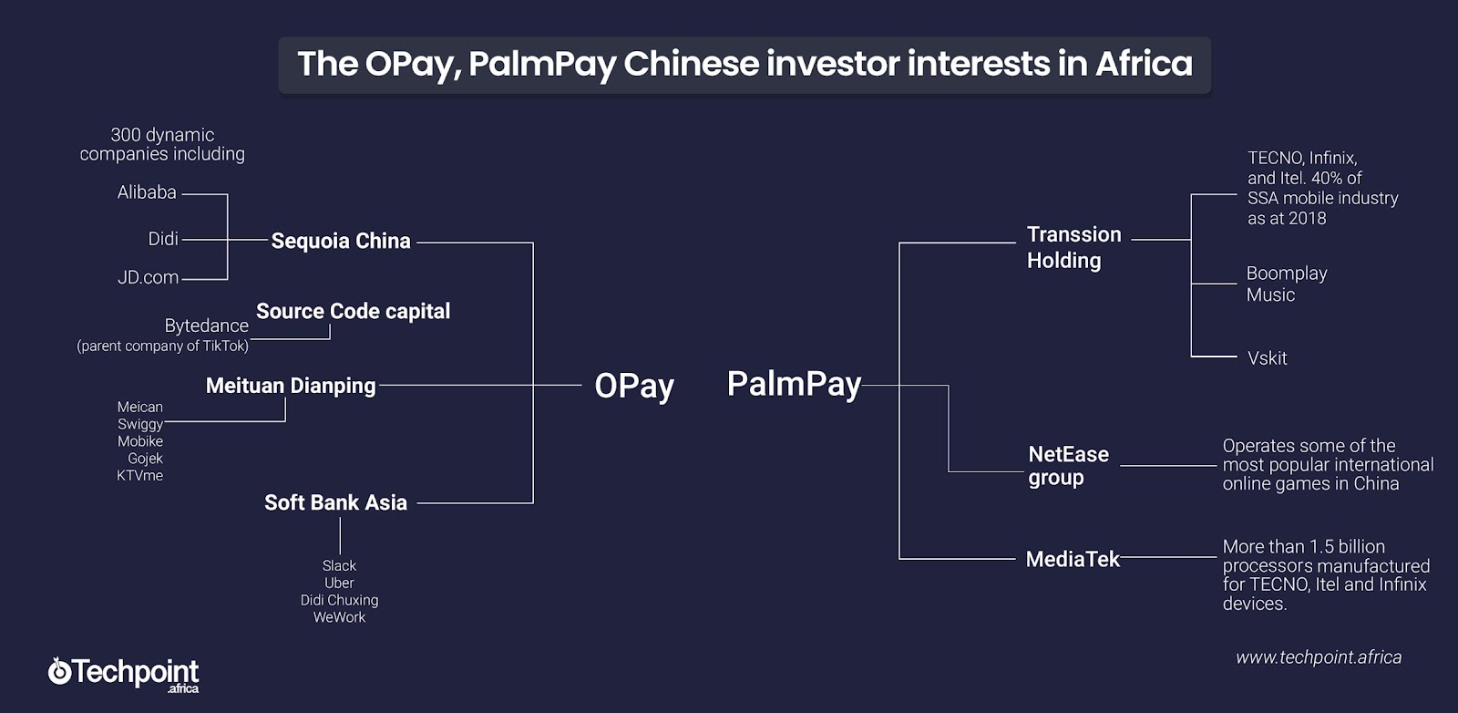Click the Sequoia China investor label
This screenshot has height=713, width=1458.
[341, 241]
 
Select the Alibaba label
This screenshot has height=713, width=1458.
[147, 192]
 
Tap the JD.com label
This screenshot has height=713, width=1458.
[149, 277]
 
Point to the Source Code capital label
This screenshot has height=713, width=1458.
[353, 311]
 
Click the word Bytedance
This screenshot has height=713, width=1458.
[206, 325]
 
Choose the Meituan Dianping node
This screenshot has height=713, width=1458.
[291, 386]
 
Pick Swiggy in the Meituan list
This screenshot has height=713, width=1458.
[140, 425]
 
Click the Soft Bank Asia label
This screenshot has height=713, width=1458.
[335, 502]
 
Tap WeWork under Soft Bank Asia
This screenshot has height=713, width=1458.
[339, 617]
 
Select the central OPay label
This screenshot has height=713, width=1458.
[634, 386]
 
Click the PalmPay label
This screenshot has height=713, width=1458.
[794, 384]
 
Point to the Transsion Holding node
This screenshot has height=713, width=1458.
[1074, 247]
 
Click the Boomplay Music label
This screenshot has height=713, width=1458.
[1286, 284]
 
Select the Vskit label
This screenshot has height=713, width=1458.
[1267, 358]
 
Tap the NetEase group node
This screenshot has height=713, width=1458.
[1068, 466]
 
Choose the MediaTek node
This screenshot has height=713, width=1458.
[1072, 559]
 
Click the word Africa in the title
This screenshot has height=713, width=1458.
[1144, 64]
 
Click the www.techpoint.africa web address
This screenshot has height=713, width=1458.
[1319, 657]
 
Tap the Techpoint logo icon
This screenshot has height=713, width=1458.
[59, 671]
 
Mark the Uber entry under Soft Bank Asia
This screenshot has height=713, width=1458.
[339, 583]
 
